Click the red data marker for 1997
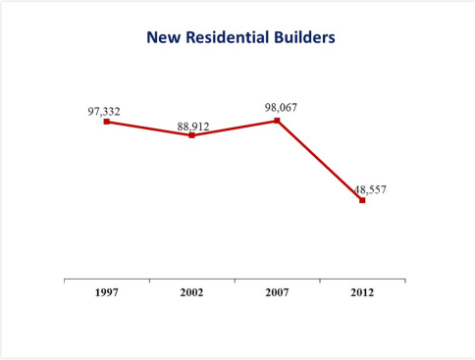106,122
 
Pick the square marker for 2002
191,135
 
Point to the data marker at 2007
277,121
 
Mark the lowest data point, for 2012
362,200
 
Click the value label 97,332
104,112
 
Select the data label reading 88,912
193,127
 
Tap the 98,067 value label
281,106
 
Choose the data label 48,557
370,189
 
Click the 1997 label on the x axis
106,293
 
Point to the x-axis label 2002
191,293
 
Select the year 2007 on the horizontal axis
277,293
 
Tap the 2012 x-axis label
362,293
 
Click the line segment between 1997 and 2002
148,129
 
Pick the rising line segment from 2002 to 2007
234,129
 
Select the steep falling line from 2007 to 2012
319,160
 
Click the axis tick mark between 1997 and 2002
149,281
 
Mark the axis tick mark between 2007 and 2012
320,281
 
